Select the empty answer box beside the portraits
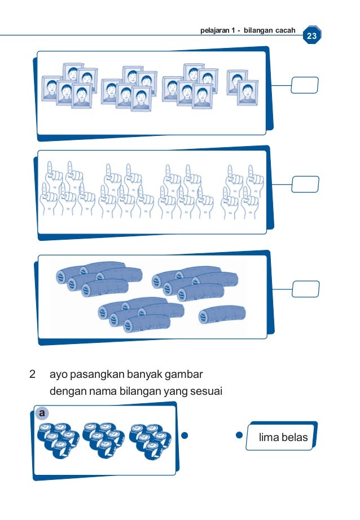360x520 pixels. (305, 85)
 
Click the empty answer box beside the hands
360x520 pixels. (305, 184)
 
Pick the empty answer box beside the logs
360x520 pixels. (305, 288)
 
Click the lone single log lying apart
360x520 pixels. (222, 316)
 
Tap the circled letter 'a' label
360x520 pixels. (41, 413)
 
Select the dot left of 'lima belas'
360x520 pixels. (239, 435)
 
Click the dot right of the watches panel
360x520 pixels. (185, 435)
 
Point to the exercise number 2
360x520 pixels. (33, 374)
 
